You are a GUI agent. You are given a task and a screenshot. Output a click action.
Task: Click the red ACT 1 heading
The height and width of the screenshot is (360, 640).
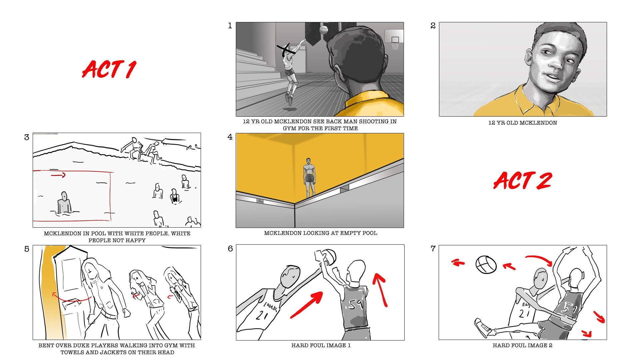pos(109,70)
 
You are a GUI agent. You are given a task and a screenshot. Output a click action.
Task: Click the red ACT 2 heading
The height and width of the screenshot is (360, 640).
pos(522,181)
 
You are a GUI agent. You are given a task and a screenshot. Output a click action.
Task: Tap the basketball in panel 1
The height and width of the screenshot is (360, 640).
pos(323,30)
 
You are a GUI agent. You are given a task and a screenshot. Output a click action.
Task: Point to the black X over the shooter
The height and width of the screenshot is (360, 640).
pos(286,50)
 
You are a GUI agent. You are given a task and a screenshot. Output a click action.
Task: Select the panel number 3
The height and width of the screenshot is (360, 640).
pos(27,137)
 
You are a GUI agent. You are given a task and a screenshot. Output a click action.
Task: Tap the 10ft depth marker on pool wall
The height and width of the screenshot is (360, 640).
pos(260,201)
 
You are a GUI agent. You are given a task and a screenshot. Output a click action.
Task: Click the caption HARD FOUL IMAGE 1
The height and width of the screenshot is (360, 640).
pos(321,345)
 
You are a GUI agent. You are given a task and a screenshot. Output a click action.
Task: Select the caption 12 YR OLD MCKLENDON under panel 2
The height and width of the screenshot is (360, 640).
pos(522,123)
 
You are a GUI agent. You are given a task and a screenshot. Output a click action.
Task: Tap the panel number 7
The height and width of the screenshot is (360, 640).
pos(433,249)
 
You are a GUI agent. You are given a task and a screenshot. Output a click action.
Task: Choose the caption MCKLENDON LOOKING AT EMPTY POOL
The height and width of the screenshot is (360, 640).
pos(320,233)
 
